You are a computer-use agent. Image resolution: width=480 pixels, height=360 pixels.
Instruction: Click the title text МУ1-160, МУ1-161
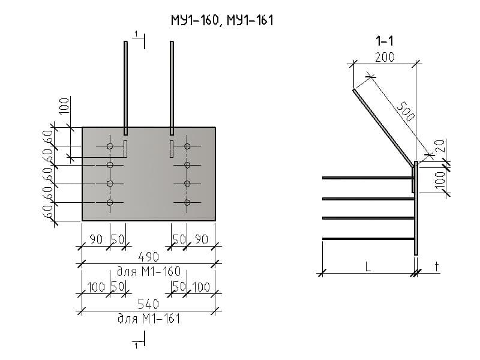click(x=222, y=22)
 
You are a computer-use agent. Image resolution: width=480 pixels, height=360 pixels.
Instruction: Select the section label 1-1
click(x=385, y=41)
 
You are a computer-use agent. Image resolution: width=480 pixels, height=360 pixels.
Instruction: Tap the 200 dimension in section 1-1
click(x=384, y=58)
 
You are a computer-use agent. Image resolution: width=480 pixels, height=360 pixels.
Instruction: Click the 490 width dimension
click(x=149, y=257)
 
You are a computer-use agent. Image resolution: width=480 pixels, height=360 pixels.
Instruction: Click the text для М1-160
click(x=149, y=271)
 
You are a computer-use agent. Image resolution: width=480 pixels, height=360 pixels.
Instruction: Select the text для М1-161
click(x=149, y=319)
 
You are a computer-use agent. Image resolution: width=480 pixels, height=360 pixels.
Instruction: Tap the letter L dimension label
click(x=368, y=268)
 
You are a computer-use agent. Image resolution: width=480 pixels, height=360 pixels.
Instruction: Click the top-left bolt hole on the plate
click(x=110, y=146)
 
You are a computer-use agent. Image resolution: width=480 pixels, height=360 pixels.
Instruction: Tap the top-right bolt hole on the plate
click(x=187, y=146)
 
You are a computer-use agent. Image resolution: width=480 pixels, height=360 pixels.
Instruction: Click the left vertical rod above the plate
click(x=125, y=84)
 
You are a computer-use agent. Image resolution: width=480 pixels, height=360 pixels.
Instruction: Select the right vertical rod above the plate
click(x=172, y=84)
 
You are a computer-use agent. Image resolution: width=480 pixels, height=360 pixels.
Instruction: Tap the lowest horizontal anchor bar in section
click(x=368, y=239)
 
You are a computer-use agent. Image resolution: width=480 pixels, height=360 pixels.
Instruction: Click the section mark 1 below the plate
click(x=137, y=346)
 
